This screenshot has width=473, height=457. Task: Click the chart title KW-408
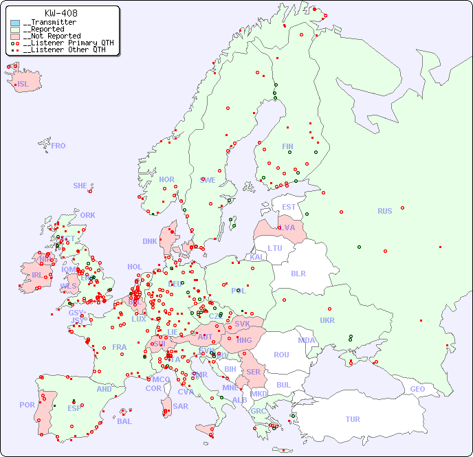60,13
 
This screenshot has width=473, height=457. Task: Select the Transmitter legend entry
49,22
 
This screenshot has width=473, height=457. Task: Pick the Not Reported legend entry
52,36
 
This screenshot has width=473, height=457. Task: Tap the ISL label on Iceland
23,85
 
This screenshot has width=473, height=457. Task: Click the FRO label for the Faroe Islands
58,146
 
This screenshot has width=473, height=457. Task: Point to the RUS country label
384,211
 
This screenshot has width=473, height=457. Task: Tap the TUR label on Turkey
353,419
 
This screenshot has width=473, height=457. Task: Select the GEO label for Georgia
417,389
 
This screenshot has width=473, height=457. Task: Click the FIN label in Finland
287,146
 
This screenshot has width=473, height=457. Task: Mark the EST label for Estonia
289,207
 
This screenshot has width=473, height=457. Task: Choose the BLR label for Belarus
298,273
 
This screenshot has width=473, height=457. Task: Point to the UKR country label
327,320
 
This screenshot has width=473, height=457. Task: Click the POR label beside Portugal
27,405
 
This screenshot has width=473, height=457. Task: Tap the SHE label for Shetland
80,186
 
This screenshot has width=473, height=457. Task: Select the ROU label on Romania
281,355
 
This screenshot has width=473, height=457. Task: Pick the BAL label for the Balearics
124,421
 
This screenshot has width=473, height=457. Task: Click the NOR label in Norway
166,179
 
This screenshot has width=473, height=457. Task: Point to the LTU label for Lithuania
275,248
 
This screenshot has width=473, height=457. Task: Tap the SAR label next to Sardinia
181,406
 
